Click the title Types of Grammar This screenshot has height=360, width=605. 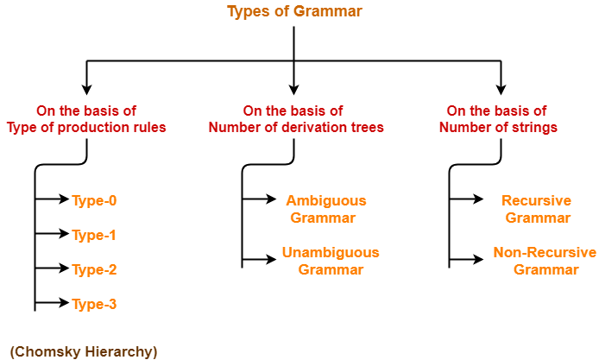coord(294,11)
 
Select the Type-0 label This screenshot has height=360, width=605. coord(94,200)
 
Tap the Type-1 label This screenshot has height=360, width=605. coord(94,235)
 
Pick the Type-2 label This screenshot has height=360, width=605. coord(94,269)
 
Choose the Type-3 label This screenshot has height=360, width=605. coord(94,304)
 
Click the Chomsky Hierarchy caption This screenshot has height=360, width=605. coord(84,351)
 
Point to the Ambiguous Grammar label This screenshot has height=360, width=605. coord(326,209)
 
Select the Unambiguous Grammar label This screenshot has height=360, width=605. coord(331,261)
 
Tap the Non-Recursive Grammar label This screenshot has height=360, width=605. coord(545,261)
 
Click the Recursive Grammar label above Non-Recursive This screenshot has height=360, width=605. coord(536,209)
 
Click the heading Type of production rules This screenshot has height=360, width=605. coord(86,127)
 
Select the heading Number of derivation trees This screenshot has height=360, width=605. coord(296,127)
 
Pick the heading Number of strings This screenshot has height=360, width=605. coord(498,127)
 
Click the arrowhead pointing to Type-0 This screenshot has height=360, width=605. coord(64,199)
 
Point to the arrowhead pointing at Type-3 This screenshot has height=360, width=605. coord(64,302)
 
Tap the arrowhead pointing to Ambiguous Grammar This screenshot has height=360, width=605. coord(271,199)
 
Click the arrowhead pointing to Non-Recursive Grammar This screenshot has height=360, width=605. coord(478,259)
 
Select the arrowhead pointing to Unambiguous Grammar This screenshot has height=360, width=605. coord(271,259)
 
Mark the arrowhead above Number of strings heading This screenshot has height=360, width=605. coord(501,90)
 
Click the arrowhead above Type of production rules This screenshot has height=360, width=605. coord(87,90)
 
